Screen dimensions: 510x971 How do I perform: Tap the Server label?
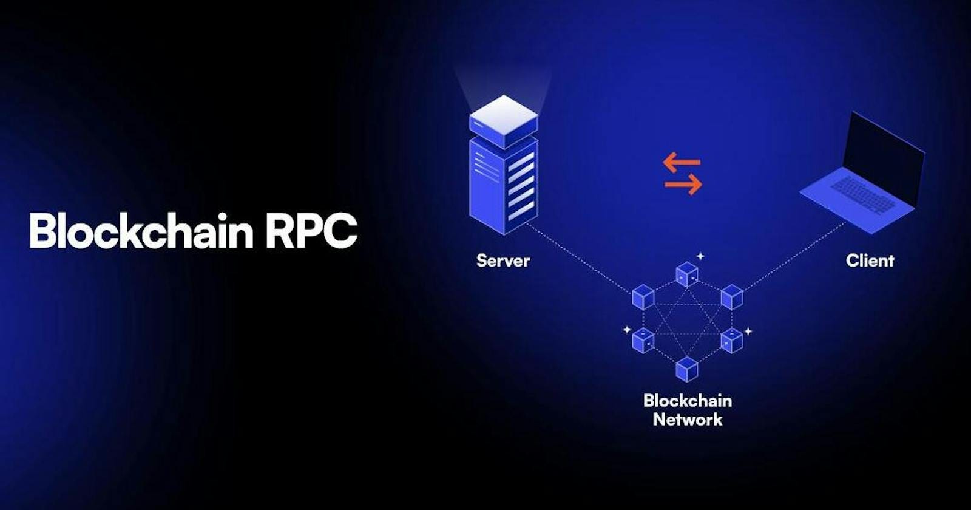503,260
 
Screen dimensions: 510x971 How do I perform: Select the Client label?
870,260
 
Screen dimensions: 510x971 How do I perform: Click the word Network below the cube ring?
688,420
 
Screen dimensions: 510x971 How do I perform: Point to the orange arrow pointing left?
682,162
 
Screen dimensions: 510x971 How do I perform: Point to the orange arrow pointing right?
683,185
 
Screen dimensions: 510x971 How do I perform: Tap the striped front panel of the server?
521,185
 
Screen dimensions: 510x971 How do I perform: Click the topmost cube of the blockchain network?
686,274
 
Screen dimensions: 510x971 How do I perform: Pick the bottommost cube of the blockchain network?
687,369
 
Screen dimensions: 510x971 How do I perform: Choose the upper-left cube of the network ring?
643,297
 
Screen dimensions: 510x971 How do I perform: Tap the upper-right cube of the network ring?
732,297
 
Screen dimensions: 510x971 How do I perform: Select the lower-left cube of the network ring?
643,340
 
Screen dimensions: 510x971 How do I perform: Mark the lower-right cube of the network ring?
732,340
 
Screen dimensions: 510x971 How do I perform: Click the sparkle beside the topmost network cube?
700,256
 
